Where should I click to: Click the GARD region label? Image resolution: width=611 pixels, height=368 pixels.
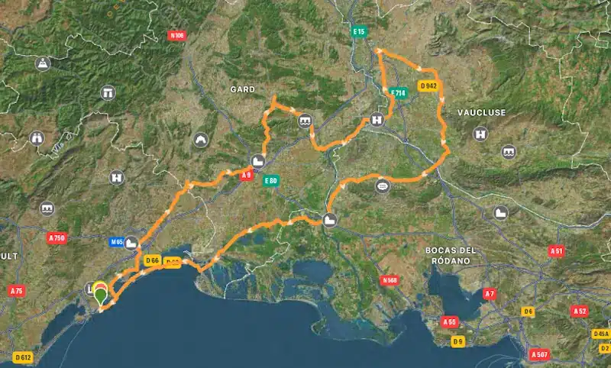click(242, 89)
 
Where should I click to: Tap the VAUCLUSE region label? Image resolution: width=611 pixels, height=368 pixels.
click(481, 112)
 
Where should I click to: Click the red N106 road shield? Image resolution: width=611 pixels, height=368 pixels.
click(178, 35)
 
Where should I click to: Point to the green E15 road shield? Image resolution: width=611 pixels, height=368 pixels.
click(359, 31)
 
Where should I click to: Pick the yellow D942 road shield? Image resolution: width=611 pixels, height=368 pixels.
click(428, 86)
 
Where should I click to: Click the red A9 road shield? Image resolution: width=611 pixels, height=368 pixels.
click(247, 176)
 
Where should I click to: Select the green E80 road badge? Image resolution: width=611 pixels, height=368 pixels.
click(270, 181)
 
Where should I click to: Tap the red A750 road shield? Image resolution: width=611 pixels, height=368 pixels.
click(57, 238)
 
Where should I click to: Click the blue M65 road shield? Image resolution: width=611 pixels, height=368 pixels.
click(117, 242)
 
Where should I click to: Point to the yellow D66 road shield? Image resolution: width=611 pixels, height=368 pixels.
click(151, 260)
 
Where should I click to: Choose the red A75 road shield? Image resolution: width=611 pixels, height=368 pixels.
click(16, 291)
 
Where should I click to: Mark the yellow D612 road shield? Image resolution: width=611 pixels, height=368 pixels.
click(23, 357)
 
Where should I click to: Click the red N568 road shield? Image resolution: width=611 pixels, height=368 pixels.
click(389, 280)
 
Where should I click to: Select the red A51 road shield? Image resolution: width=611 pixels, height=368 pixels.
click(557, 250)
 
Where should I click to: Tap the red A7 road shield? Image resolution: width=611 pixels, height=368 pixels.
click(490, 293)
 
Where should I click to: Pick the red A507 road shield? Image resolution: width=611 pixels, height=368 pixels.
click(540, 354)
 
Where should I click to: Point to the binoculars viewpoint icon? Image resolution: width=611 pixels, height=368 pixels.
click(37, 138)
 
